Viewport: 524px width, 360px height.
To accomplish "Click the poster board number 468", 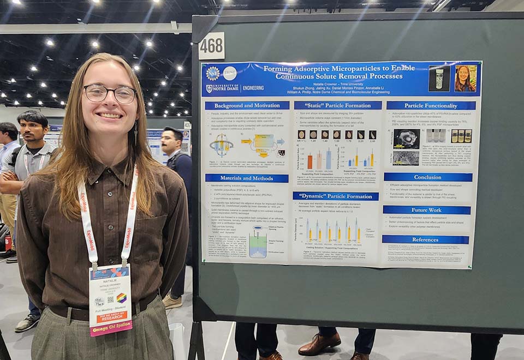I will [211, 46].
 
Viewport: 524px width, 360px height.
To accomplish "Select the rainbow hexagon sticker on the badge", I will [121, 298].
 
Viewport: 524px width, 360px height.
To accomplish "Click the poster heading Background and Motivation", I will [247, 105].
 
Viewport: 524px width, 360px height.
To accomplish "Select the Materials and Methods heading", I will [247, 178].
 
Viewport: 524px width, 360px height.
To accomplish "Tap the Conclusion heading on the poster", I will [427, 177].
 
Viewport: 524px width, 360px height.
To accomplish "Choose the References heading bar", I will [425, 239].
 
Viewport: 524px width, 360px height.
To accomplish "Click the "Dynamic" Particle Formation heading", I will [336, 196].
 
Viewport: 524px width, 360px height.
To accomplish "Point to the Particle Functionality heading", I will [431, 105].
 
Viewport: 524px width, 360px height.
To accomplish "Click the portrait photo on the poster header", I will [465, 79].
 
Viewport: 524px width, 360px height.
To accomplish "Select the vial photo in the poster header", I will [439, 79].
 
